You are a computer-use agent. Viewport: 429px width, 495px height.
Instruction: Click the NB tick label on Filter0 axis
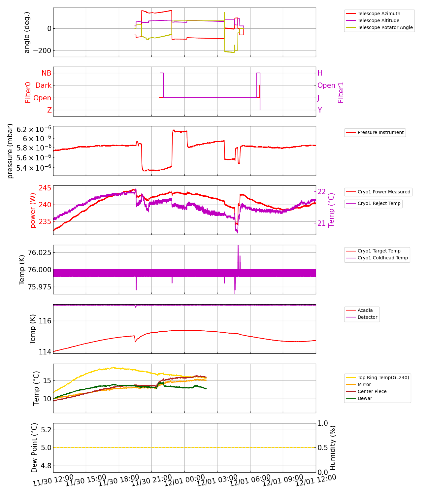tap(46, 73)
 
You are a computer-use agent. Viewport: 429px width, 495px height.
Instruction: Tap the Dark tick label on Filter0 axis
tap(43, 85)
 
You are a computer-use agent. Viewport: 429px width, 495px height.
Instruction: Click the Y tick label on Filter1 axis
tap(320, 110)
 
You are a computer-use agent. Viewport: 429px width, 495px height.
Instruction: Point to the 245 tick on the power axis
tap(45, 188)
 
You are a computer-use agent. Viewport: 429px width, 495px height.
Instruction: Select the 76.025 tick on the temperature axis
tap(40, 252)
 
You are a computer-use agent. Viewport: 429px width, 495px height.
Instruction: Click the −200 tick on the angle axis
tap(42, 51)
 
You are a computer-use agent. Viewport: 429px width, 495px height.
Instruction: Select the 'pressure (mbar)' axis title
tap(10, 151)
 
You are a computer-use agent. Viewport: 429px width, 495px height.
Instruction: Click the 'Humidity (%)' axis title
tap(333, 448)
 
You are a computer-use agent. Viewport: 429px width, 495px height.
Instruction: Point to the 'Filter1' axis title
tap(341, 92)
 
